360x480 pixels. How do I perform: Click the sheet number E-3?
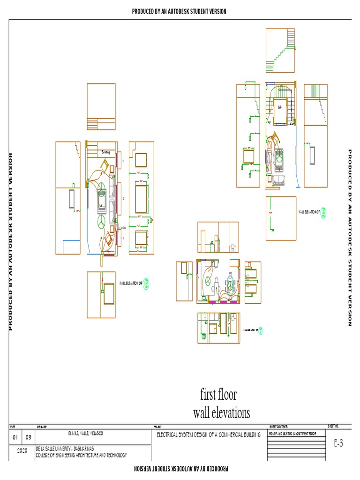tap(338, 443)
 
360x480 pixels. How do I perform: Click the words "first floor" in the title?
tap(218, 395)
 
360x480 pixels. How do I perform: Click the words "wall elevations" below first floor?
tap(221, 413)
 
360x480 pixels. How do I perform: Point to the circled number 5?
tap(323, 212)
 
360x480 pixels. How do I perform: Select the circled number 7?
tap(261, 330)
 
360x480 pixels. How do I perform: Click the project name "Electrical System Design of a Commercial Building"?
tap(209, 435)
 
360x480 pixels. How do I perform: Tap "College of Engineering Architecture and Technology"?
tap(81, 455)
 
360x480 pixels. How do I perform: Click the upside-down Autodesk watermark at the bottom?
tap(180, 469)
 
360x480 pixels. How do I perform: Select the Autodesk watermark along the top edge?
tap(180, 11)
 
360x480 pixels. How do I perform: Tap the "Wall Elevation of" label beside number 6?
tap(130, 283)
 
